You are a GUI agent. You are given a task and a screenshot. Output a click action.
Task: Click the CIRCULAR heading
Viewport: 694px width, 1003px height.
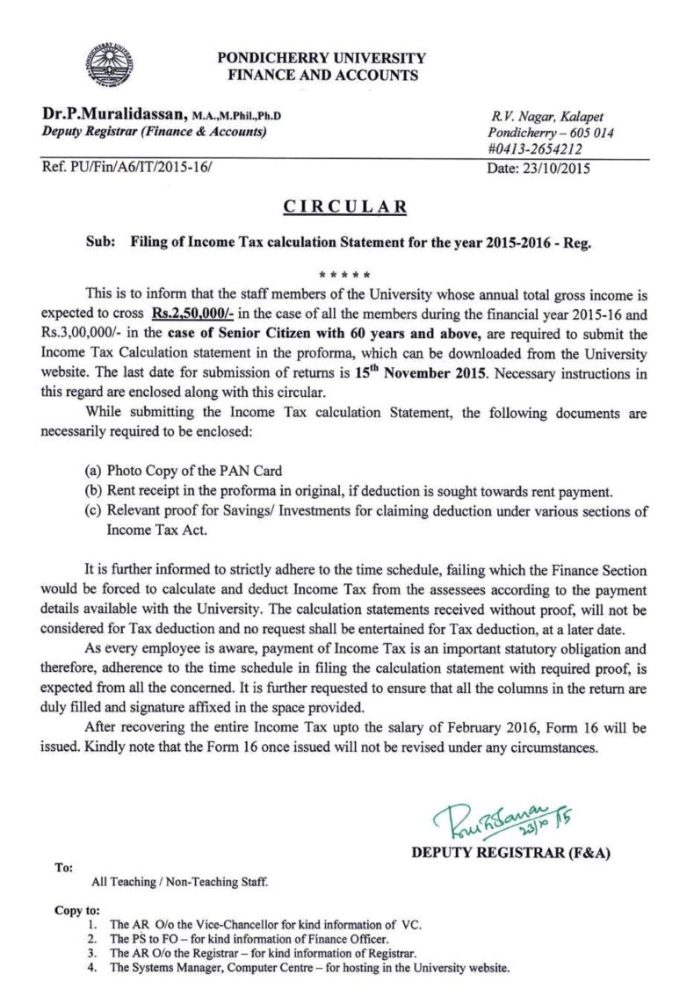click(346, 206)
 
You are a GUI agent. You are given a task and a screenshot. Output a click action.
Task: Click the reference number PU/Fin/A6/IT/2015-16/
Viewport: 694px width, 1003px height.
click(141, 165)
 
